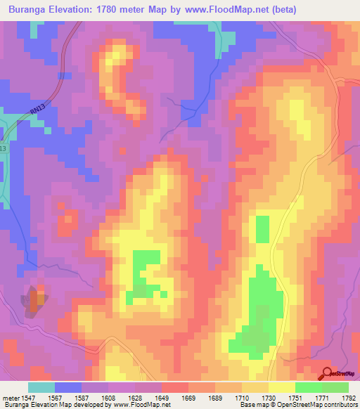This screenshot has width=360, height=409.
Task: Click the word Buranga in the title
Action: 29,10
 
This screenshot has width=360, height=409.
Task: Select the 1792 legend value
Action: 349,397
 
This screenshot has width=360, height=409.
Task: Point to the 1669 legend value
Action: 188,397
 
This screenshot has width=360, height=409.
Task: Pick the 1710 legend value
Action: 242,397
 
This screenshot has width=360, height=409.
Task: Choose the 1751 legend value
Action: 295,397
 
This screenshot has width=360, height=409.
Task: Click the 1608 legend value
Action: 109,397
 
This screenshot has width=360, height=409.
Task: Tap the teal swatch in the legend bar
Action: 41,387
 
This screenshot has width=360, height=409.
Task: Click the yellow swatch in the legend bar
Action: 281,387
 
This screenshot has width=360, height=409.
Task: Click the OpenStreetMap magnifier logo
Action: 327,373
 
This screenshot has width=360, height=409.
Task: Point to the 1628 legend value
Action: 136,397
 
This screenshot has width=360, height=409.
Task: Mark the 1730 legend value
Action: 269,397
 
